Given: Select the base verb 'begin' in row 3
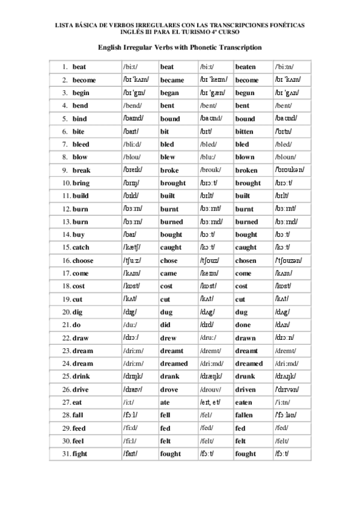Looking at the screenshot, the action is tap(81, 93).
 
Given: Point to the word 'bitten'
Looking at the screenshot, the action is tap(245, 131).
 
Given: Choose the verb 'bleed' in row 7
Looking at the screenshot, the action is tap(81, 144).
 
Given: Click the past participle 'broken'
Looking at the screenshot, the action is tap(246, 170).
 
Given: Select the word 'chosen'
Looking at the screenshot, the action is tap(246, 260).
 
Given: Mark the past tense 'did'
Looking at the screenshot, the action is tap(165, 324).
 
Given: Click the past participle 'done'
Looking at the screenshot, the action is tap(243, 324).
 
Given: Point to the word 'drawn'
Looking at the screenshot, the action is tap(245, 337).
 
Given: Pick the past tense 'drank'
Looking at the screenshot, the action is tap(170, 376).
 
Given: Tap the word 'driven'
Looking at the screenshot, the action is tap(245, 389).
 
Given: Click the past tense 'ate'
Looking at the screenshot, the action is tap(165, 402).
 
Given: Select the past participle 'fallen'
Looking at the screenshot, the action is tap(245, 415).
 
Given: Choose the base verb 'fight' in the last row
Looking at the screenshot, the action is tap(81, 453).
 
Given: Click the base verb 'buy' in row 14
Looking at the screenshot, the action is tap(78, 235).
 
